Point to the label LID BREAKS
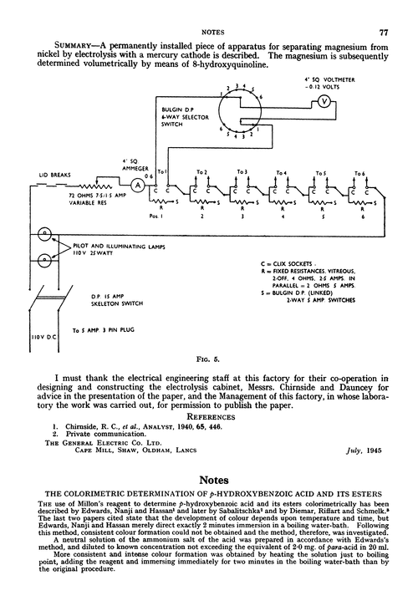click(54, 176)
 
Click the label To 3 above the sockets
click(243, 171)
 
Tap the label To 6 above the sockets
click(360, 171)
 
